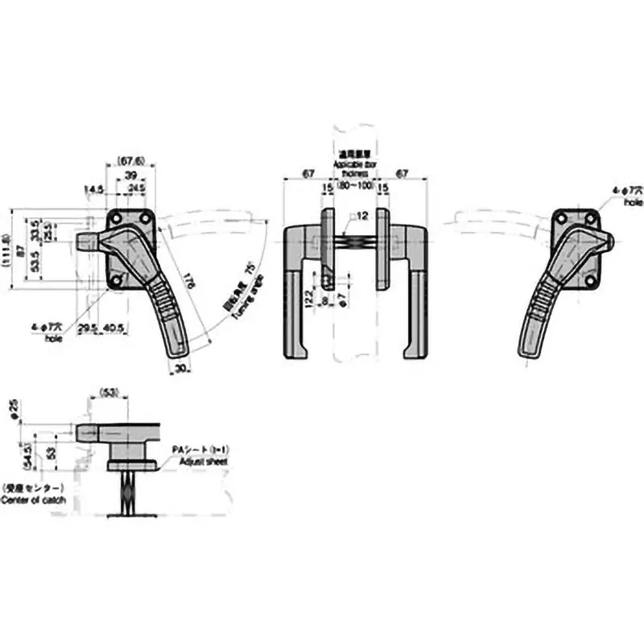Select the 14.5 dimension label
point(94,190)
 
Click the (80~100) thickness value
point(355,186)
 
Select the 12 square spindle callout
point(360,216)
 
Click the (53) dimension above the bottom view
point(110,393)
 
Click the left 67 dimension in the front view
point(306,172)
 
